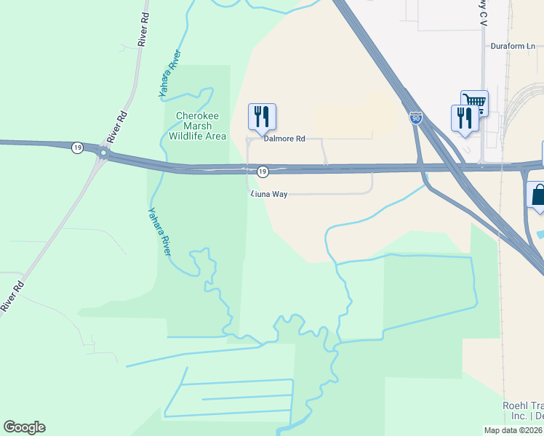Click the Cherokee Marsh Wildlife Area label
click(197, 126)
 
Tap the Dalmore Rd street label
click(284, 138)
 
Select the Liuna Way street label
click(269, 194)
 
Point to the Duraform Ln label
click(511, 44)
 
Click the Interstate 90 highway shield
click(415, 118)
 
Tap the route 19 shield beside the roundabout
click(77, 148)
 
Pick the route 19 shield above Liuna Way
click(263, 171)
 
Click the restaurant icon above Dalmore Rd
click(262, 116)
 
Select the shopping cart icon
click(473, 102)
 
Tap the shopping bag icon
click(538, 195)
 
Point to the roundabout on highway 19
click(104, 153)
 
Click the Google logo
click(24, 427)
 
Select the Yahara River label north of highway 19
click(169, 74)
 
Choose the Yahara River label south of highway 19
click(159, 232)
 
